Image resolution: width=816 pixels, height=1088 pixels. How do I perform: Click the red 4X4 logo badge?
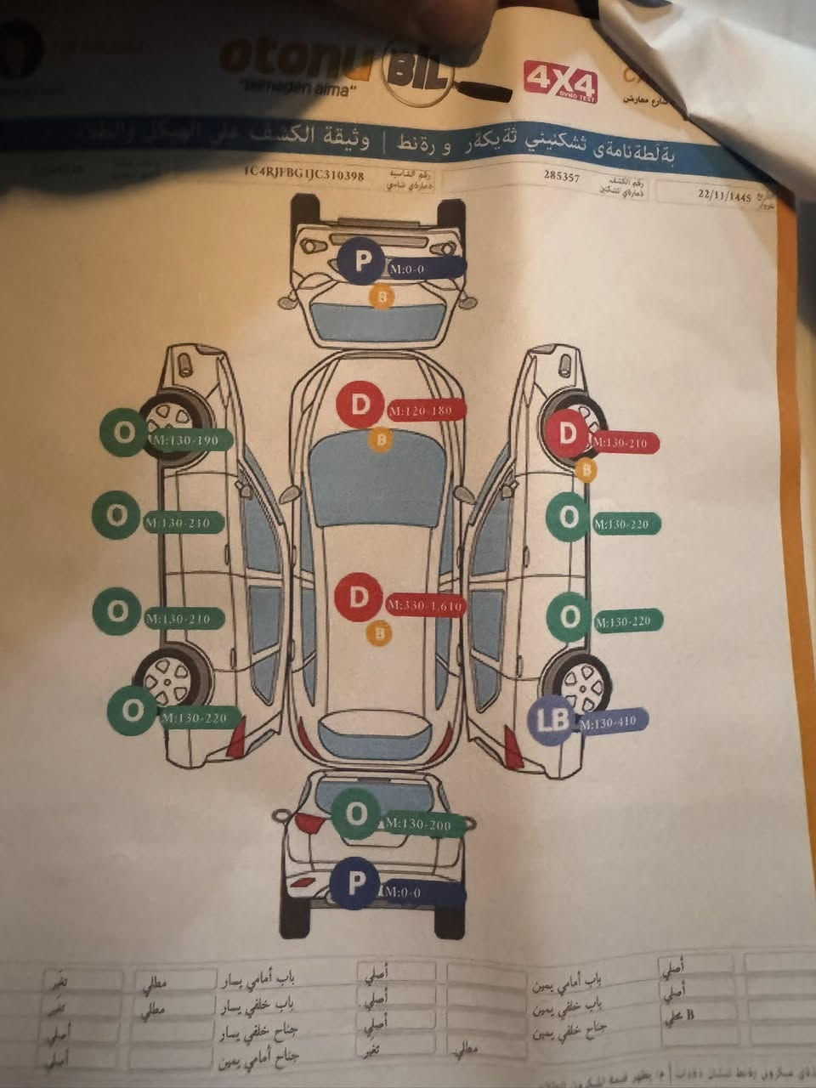[x=560, y=82]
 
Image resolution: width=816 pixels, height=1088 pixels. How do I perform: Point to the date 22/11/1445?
[x=724, y=195]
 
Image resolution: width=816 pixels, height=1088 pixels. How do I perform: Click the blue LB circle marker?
[x=551, y=721]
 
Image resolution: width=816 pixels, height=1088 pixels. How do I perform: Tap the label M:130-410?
[x=611, y=722]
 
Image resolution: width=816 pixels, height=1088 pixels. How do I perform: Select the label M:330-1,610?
[x=424, y=606]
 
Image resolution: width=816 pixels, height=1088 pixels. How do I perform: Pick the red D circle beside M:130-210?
[x=567, y=435]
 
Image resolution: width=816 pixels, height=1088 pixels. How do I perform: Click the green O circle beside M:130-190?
[x=124, y=433]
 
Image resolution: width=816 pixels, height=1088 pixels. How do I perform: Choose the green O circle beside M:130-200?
[x=357, y=815]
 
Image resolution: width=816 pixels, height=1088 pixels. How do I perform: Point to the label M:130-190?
[x=188, y=440]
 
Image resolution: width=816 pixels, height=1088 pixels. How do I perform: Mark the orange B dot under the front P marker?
[x=383, y=297]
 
